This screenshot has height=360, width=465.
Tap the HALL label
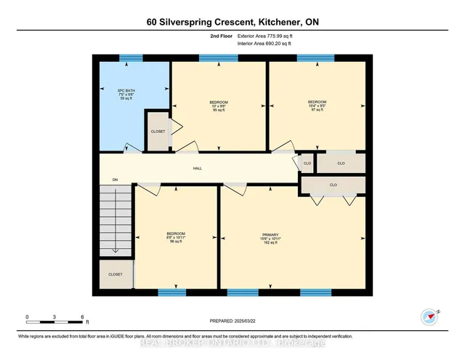pyautogui.click(x=197, y=168)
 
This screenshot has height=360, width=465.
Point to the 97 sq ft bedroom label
pyautogui.click(x=316, y=105)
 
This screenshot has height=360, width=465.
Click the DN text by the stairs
pyautogui.click(x=115, y=179)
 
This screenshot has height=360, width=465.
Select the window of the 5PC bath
pyautogui.click(x=131, y=59)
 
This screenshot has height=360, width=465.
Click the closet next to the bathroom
pyautogui.click(x=158, y=131)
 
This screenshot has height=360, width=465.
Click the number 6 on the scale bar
pyautogui.click(x=82, y=317)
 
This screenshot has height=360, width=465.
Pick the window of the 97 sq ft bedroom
pyautogui.click(x=315, y=59)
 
